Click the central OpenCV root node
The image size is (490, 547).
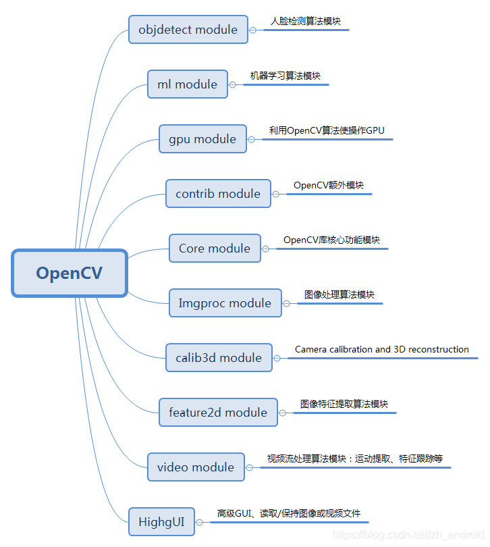[x=70, y=273]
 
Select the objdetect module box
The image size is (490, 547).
[x=188, y=30]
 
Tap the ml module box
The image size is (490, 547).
[x=188, y=84]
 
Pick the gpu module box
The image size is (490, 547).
[x=202, y=139]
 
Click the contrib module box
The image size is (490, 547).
[x=218, y=194]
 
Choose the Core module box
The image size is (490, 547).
[x=215, y=249]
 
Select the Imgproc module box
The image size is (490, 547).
[x=225, y=303]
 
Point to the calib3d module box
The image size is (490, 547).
[x=219, y=358]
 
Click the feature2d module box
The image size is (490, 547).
[x=218, y=413]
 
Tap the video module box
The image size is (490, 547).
[x=196, y=467]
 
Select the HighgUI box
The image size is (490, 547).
[x=161, y=522]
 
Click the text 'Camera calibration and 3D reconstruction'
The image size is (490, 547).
[x=382, y=349]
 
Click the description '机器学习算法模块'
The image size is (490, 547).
[x=285, y=76]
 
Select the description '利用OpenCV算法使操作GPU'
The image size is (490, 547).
[x=327, y=130]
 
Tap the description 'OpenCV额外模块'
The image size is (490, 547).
[x=329, y=185]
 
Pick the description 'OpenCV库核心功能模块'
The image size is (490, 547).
[x=331, y=240]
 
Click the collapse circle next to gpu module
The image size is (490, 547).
[x=252, y=139]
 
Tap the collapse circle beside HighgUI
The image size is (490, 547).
[x=200, y=522]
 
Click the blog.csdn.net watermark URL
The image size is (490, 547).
[x=409, y=535]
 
